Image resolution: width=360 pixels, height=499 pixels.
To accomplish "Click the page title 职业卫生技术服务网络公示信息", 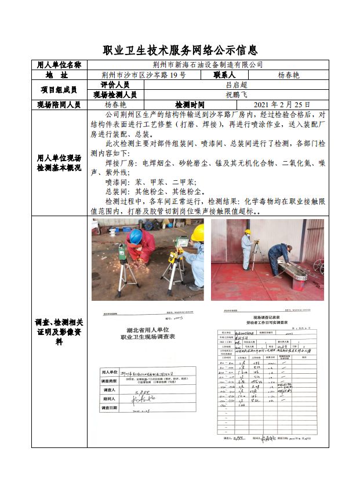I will coord(180,50).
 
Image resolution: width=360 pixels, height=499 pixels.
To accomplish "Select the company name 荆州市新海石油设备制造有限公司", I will coord(207,65).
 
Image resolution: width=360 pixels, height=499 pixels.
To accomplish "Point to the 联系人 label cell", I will coord(224,75).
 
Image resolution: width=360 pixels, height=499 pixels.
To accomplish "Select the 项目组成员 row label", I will coord(59,90).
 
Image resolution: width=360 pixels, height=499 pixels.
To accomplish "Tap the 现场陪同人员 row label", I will coord(59,105).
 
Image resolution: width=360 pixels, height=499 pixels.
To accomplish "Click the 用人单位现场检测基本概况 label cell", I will coord(59,163).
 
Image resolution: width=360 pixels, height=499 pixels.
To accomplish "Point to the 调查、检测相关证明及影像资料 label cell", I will coord(59,332).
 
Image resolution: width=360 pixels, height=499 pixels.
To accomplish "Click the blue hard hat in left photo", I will coord(136,236).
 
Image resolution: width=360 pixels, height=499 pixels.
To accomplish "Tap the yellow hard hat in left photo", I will coord(198,233).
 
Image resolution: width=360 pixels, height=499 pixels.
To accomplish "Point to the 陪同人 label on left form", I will coord(109,399).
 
